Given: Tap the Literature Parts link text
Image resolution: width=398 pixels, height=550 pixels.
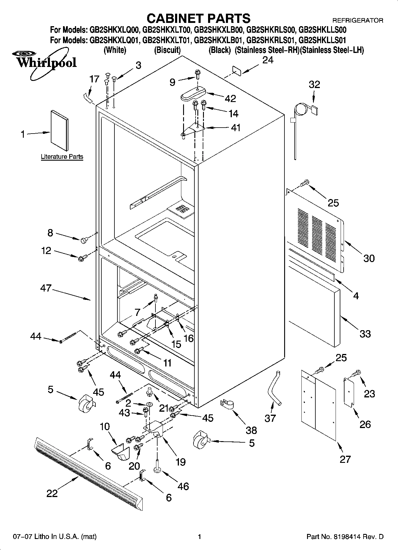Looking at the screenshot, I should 62,157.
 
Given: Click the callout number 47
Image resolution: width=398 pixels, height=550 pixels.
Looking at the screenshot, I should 46,288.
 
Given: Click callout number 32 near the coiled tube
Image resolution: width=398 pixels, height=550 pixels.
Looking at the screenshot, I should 314,84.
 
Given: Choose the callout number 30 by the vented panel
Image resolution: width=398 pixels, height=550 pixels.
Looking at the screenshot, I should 369,258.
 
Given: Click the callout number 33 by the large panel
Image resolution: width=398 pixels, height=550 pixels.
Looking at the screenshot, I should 365,334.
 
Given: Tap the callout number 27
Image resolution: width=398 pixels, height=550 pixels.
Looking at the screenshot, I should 345,459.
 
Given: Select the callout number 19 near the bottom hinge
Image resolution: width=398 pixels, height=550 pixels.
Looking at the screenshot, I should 180,462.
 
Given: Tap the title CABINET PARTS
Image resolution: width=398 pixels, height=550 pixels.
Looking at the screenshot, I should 199,18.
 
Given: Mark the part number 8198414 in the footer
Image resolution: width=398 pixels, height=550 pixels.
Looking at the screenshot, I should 350,537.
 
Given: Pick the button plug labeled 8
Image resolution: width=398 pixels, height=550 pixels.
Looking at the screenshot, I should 84,240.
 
